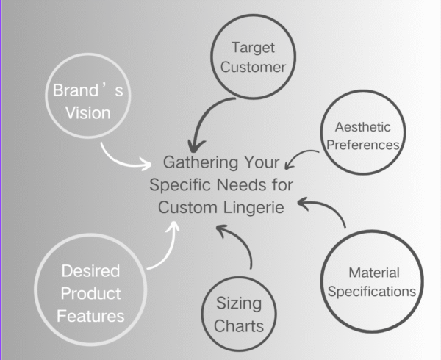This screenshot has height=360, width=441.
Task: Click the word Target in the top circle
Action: (x=253, y=48)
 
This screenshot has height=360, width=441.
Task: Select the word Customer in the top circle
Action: (x=253, y=68)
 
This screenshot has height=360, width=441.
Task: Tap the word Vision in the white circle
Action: (x=87, y=113)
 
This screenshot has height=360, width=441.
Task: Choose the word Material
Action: (x=372, y=272)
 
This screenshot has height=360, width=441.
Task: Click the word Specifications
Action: (x=372, y=292)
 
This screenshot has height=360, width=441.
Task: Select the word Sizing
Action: (x=239, y=303)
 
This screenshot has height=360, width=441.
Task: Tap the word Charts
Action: (x=239, y=325)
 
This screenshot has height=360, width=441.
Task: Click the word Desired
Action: (x=90, y=271)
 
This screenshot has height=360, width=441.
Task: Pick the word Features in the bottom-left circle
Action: (x=90, y=316)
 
